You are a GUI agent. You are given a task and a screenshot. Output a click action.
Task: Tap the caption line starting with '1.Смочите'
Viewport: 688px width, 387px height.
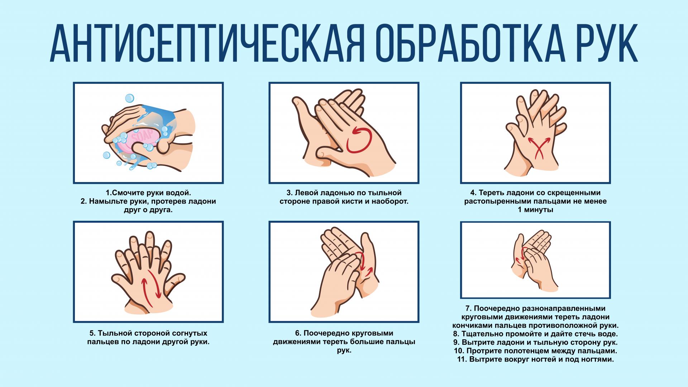pos(148,192)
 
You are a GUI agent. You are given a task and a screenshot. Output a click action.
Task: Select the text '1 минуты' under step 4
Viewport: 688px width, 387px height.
pos(536,210)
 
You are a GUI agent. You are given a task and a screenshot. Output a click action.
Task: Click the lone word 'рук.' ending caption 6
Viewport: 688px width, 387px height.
pos(344,350)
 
